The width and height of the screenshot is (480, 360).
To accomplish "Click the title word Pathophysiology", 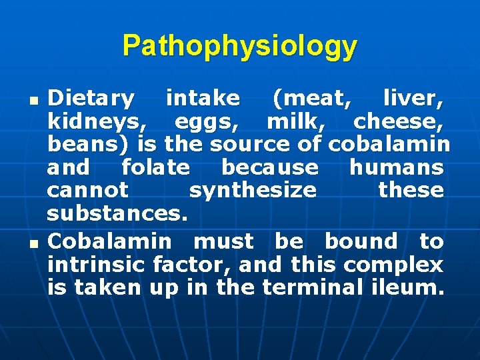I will pyautogui.click(x=240, y=46).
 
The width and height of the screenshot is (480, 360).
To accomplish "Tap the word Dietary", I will pyautogui.click(x=91, y=99).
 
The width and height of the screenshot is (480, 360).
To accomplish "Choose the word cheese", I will pyautogui.click(x=398, y=122).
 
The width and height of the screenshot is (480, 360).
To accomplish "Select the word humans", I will pyautogui.click(x=396, y=167).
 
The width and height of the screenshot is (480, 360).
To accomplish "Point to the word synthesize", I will pyautogui.click(x=253, y=190).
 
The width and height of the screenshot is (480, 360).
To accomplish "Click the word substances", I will pyautogui.click(x=119, y=213).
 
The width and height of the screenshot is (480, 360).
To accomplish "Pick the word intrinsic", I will pyautogui.click(x=97, y=265).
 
